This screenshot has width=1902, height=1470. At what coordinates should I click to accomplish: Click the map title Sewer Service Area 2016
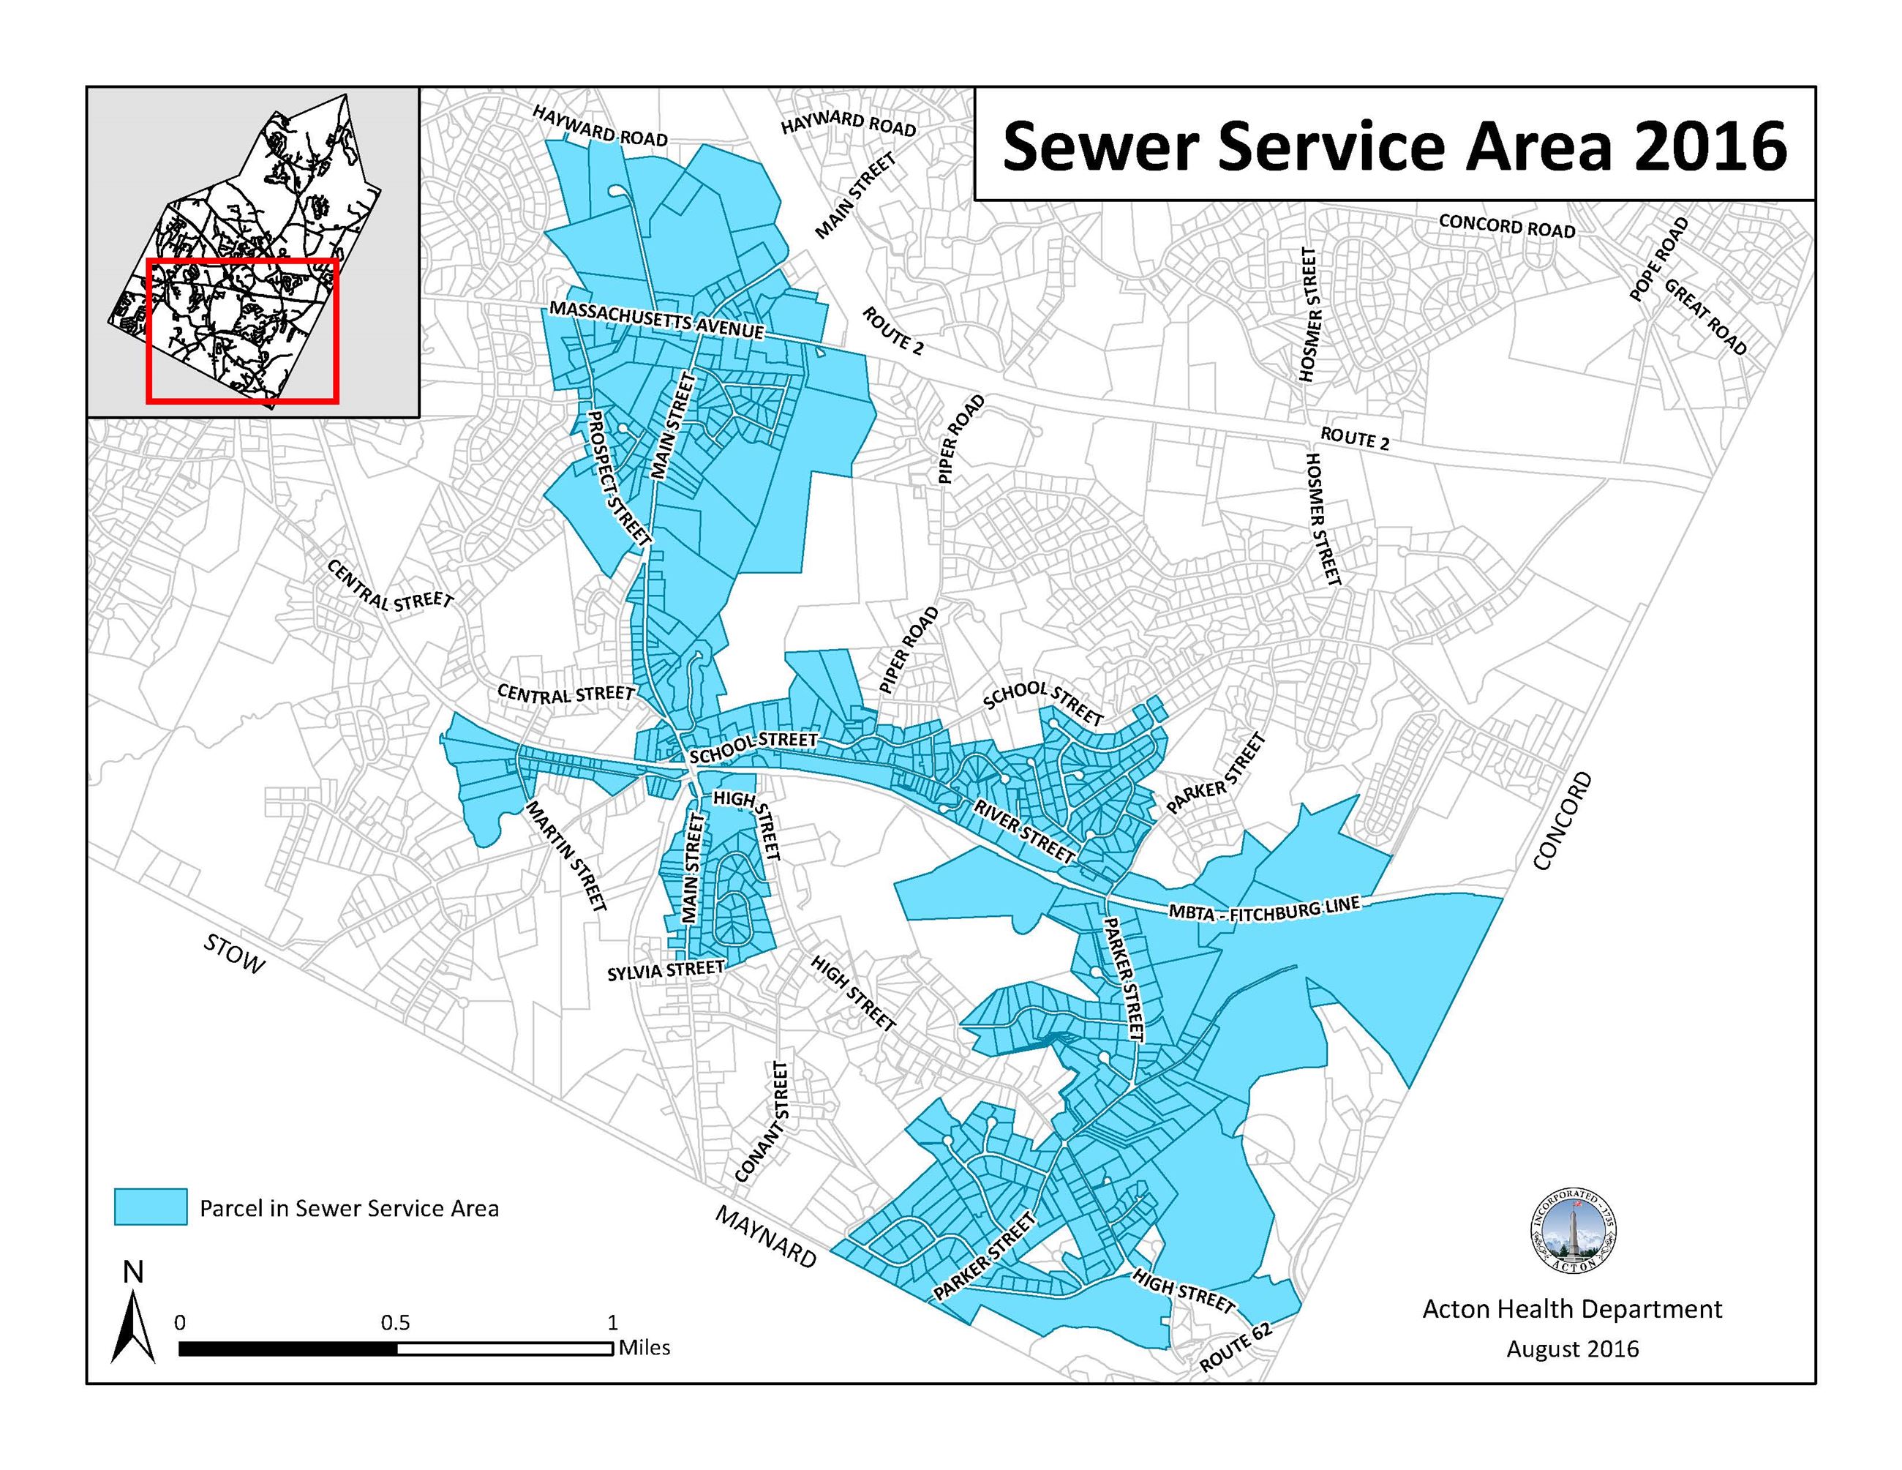coord(1394,146)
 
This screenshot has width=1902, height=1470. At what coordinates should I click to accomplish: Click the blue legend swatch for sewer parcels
coord(150,1207)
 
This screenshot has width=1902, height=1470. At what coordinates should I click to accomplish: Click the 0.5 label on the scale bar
coord(394,1322)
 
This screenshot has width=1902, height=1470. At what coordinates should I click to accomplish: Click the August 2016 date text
coord(1572,1349)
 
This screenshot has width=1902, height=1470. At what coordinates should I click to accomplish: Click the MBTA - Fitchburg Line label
coord(1263,908)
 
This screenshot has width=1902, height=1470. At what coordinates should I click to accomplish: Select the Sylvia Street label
coord(666,970)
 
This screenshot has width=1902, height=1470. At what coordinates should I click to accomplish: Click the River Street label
coord(1023,832)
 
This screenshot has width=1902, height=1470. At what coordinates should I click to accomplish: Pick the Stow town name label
coord(233,954)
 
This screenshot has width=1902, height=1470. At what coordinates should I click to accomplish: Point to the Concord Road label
coord(1507,225)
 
